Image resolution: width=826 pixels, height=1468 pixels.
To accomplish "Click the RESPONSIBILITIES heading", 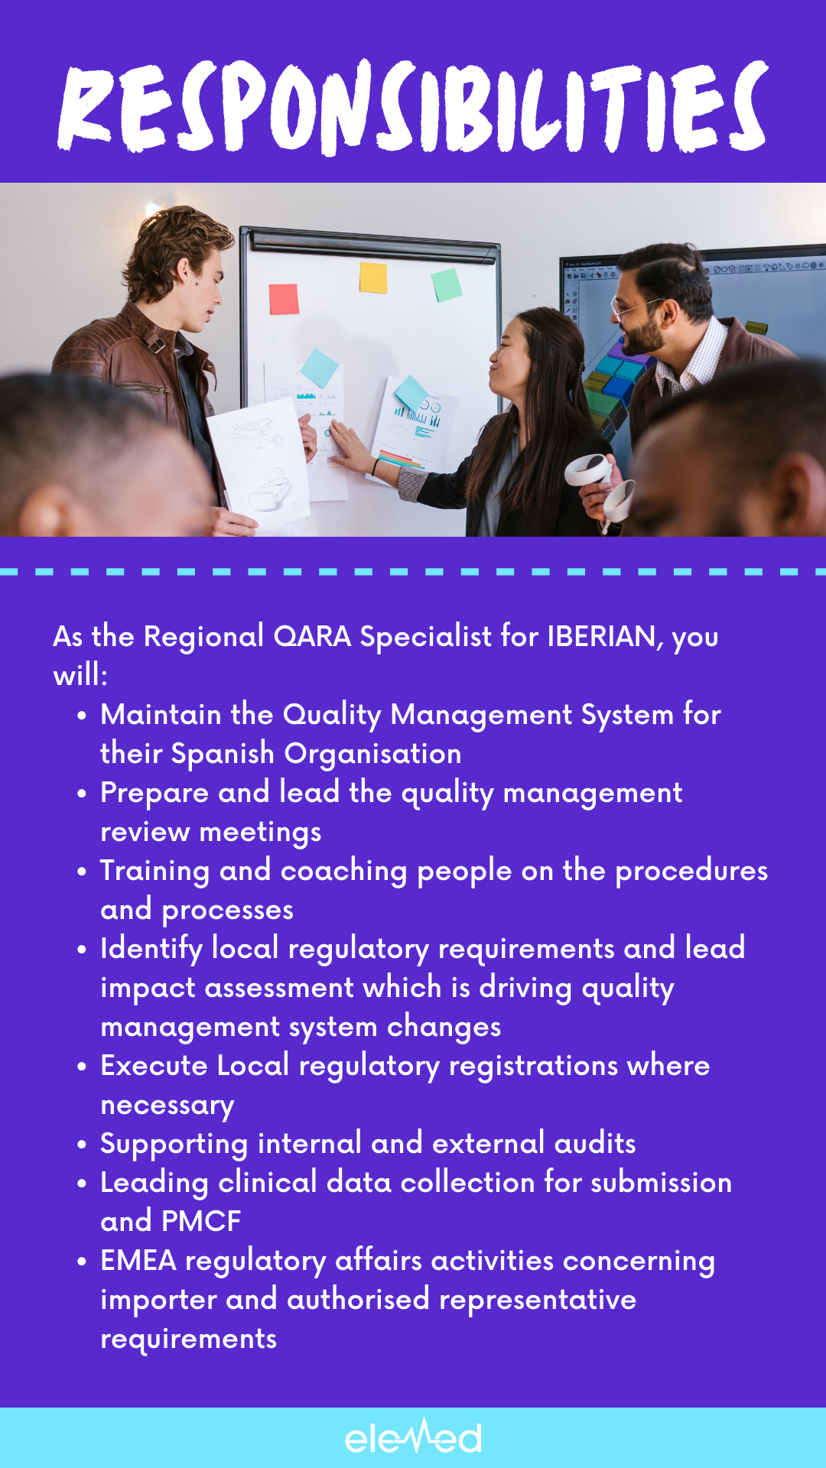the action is coord(413,107).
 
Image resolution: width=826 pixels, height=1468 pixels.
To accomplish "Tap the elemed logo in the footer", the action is coord(413,1437).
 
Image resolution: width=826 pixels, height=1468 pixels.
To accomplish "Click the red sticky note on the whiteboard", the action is coord(284,299).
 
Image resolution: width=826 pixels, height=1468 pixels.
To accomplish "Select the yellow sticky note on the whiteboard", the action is coord(373,278).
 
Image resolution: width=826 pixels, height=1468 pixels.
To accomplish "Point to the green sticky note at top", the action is coord(447,284).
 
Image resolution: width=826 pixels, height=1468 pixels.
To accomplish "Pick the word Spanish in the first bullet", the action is coord(223,754).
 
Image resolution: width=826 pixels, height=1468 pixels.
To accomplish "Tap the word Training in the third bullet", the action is coord(154,872).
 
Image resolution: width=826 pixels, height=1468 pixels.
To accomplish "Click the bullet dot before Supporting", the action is coord(82,1145).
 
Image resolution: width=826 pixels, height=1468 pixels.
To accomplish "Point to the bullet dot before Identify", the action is coord(82,950).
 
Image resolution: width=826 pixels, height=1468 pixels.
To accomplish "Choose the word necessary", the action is coord(167,1106).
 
